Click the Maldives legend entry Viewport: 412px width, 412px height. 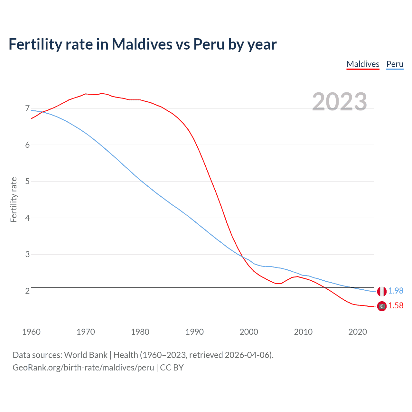click(363, 64)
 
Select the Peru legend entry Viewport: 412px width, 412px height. click(395, 64)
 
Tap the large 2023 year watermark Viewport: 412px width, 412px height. click(339, 102)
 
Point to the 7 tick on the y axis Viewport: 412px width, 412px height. click(27, 108)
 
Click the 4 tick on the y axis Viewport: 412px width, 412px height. click(27, 218)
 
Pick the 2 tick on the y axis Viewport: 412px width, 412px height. click(27, 291)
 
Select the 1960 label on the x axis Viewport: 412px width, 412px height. click(31, 332)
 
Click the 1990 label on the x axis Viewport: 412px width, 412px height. click(194, 332)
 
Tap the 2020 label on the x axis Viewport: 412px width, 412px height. click(358, 332)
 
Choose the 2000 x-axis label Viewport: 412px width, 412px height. click(249, 332)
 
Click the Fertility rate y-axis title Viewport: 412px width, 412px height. click(14, 200)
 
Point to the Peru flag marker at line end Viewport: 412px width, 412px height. click(382, 291)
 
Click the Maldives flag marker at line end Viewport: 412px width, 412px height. click(382, 306)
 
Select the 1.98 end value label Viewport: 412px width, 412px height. click(396, 291)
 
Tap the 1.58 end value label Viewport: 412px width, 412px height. click(396, 306)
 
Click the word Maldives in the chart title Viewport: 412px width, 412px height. click(142, 44)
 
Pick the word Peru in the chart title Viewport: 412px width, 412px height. click(209, 44)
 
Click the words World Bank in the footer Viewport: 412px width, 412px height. click(86, 355)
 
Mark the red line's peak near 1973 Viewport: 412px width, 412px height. click(102, 93)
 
